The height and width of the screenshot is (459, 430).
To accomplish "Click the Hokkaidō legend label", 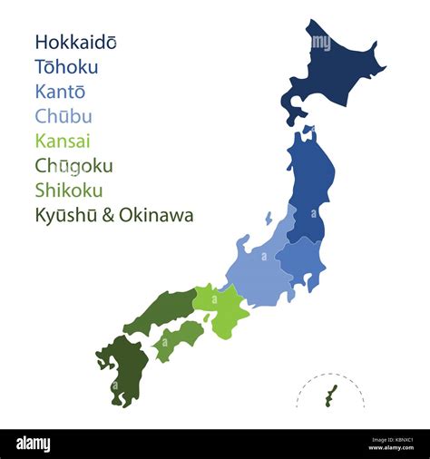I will pyautogui.click(x=75, y=43).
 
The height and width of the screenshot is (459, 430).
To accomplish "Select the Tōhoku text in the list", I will pyautogui.click(x=66, y=67).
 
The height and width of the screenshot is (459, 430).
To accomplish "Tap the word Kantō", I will pyautogui.click(x=60, y=92).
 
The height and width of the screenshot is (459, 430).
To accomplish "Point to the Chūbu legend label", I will pyautogui.click(x=63, y=116).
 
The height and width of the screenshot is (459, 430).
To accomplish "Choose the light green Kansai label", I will pyautogui.click(x=63, y=141).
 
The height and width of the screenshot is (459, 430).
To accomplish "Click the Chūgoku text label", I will pyautogui.click(x=73, y=166).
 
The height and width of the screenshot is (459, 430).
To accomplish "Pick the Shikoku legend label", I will pyautogui.click(x=68, y=190).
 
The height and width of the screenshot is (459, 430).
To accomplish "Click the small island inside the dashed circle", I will pyautogui.click(x=331, y=395).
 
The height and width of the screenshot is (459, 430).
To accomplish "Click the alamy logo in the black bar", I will pyautogui.click(x=33, y=444).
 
